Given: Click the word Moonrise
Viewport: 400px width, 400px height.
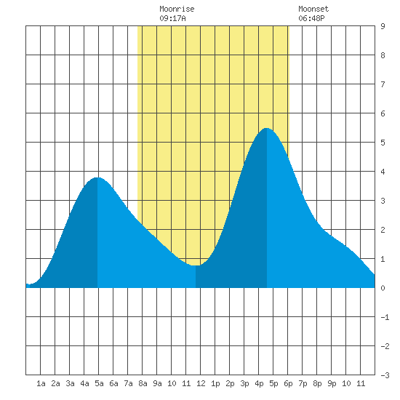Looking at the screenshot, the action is [x=177, y=9].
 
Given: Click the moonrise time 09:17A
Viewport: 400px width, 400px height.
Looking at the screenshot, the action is [x=172, y=18].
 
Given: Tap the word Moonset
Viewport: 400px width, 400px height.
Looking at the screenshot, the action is [x=313, y=9].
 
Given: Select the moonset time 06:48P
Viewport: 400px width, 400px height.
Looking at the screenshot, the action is [x=311, y=18].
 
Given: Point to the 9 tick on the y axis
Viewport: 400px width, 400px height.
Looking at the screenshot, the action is [x=383, y=26].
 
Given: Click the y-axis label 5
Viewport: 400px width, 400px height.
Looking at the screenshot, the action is [x=383, y=143].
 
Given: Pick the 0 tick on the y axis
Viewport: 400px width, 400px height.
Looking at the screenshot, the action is [x=383, y=288].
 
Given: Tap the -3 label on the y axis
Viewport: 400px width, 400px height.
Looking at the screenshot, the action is [x=385, y=375].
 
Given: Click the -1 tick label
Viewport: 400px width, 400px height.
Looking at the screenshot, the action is [x=385, y=317].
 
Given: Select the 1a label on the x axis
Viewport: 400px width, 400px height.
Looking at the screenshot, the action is [x=41, y=383].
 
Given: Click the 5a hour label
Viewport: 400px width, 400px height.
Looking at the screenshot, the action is [x=99, y=383].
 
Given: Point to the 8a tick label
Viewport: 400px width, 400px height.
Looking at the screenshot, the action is [x=143, y=383].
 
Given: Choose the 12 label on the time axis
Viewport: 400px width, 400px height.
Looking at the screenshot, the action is [x=201, y=383].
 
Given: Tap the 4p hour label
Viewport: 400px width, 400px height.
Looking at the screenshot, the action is [x=259, y=383].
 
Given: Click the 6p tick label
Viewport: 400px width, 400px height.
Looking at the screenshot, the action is [x=288, y=383].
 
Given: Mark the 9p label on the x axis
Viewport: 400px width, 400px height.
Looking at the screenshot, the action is [x=332, y=383].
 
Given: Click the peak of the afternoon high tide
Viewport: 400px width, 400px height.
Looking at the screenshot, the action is [x=266, y=128].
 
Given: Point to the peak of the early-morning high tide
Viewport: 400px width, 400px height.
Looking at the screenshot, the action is [x=97, y=177].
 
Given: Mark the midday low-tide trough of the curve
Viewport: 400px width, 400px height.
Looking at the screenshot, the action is [x=196, y=265].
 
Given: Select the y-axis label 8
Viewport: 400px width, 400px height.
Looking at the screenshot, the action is [x=383, y=55].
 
